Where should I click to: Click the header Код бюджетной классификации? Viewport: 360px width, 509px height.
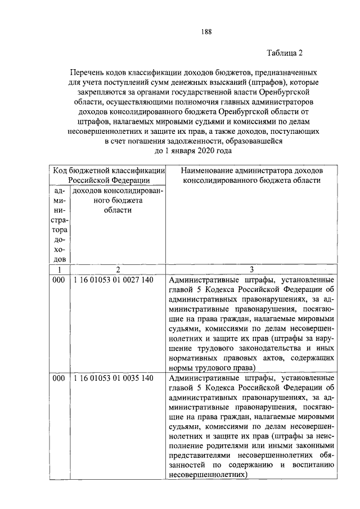109,170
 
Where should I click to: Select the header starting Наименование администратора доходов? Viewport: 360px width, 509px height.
252,170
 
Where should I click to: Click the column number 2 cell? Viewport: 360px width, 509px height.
118,270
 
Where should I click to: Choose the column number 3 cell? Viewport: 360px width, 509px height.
252,270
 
